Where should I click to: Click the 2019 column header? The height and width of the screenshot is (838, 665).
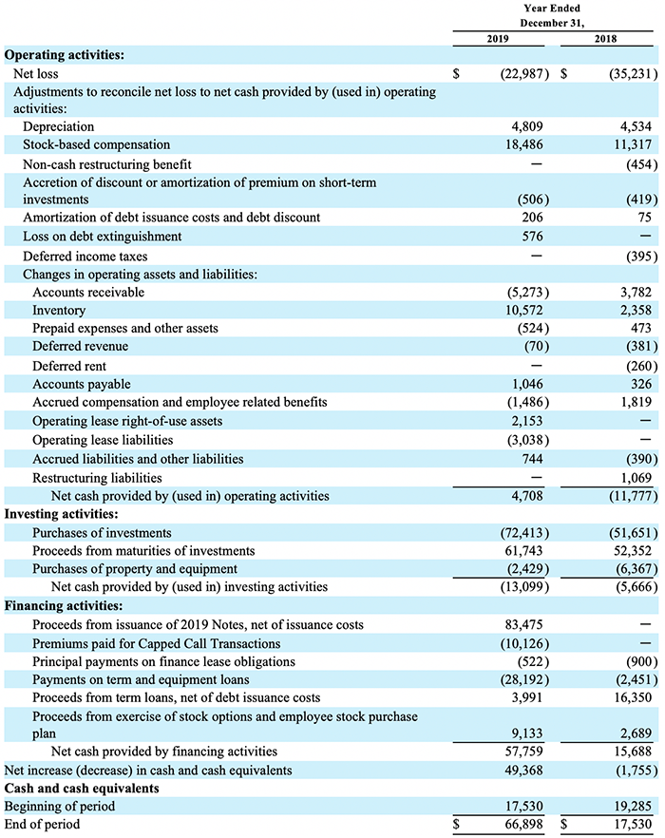pos(498,38)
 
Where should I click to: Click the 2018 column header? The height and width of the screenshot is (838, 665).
pos(605,38)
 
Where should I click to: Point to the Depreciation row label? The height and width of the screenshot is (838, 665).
pos(58,126)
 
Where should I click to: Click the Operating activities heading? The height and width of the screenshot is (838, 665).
pos(65,55)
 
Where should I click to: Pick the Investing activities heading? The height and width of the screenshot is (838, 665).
pos(61,514)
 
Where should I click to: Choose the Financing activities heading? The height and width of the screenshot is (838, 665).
pos(64,606)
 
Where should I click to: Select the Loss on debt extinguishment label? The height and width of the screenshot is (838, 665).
pos(102,237)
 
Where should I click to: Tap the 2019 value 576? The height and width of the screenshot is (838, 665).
pos(532,237)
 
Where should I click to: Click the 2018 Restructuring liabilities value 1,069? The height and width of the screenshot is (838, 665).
pos(636,478)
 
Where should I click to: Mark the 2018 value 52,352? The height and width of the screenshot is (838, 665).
pos(633,550)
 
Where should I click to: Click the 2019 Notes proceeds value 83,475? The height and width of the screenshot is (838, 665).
pos(523,624)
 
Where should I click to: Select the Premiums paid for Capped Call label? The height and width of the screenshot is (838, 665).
pos(156,643)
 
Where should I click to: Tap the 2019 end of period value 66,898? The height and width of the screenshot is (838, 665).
pos(523,824)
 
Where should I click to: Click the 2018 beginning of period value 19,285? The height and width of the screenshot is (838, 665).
pos(633,806)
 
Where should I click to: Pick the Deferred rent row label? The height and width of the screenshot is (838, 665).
pos(69,366)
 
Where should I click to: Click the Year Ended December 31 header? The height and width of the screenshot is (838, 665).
pos(552,15)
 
